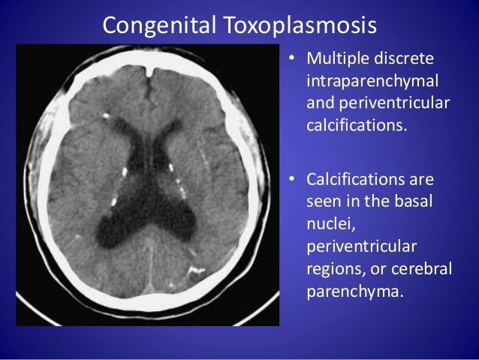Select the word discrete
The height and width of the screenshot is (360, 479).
[412, 59]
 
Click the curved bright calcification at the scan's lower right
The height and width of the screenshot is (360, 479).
[197, 268]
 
